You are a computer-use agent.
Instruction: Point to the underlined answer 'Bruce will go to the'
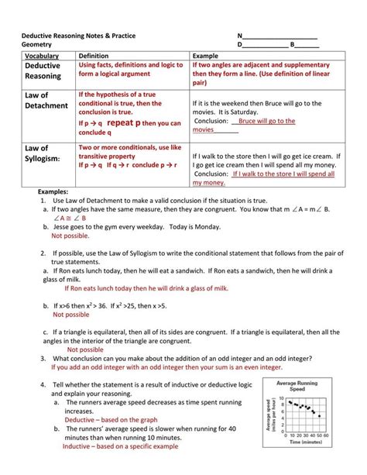tap(266, 121)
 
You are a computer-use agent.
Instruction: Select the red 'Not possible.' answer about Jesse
tap(70, 236)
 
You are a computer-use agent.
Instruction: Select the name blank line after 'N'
tap(280, 36)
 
